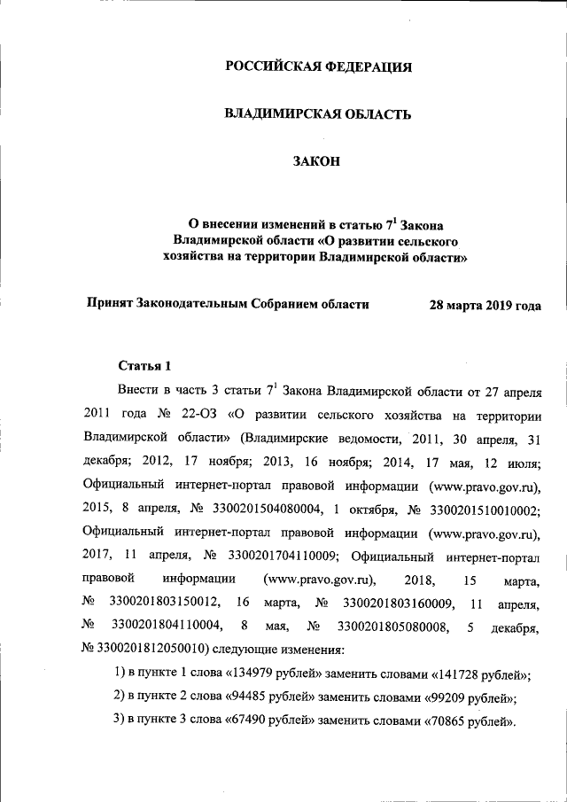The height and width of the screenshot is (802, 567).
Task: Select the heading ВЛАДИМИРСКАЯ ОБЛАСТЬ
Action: (317, 113)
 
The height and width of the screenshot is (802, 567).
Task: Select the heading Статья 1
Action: (139, 365)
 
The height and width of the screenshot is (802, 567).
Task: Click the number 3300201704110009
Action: (280, 557)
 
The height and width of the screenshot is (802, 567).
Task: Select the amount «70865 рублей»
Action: (466, 719)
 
